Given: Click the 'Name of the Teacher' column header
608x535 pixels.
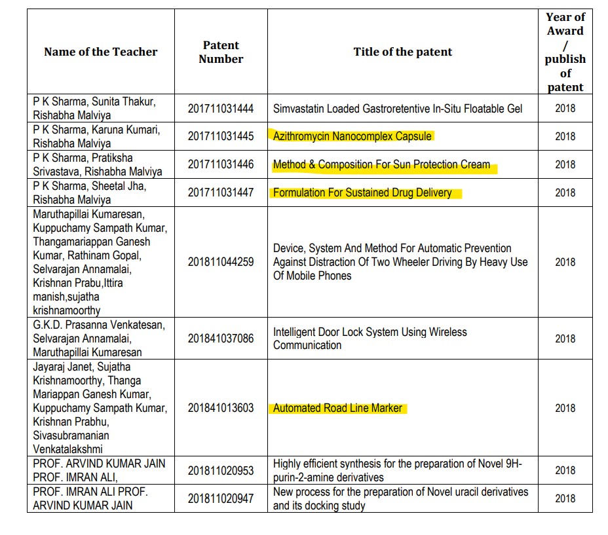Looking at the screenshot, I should coord(100,52).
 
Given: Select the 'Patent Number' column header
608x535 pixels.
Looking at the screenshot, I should coord(221,52).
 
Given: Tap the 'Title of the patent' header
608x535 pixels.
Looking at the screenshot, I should coord(402,52).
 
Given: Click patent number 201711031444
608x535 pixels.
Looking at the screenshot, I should coord(221,108).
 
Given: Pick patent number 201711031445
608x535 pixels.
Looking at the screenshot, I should coord(221,136).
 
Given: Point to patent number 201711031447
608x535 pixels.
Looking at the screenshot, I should coord(221,193).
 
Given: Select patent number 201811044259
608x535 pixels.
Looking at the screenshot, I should coord(221,262).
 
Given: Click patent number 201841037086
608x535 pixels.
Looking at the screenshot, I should coord(221,339).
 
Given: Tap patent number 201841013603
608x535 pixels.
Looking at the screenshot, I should coord(221,408).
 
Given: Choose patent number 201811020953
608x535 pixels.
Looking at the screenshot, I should coord(221,470).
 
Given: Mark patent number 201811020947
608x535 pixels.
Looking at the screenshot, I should coord(221,498).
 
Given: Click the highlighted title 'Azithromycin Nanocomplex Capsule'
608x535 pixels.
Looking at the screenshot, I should coord(352,136).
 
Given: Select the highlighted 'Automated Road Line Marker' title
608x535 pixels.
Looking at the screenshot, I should coord(337,408).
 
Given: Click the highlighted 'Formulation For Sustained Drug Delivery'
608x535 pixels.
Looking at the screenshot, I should coord(362,193).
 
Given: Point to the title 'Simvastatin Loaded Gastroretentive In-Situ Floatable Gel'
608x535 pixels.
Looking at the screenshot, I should coord(398,108).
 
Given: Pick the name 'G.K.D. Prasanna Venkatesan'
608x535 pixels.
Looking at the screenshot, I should coord(99,325).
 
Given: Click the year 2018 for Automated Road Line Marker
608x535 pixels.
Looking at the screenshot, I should coord(565,408).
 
